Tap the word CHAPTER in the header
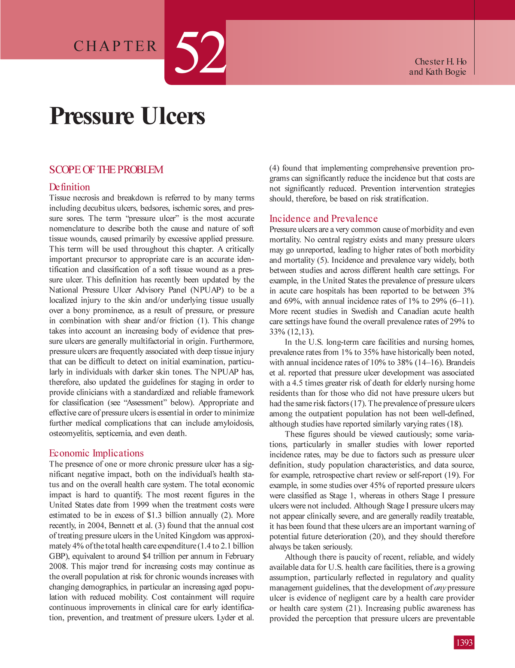click(115, 46)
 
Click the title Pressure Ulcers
click(127, 116)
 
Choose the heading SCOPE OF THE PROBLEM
click(106, 169)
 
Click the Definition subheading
click(70, 187)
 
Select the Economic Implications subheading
click(96, 453)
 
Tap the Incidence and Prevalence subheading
click(323, 219)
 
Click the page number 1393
click(464, 643)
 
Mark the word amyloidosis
click(233, 423)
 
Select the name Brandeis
click(459, 362)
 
